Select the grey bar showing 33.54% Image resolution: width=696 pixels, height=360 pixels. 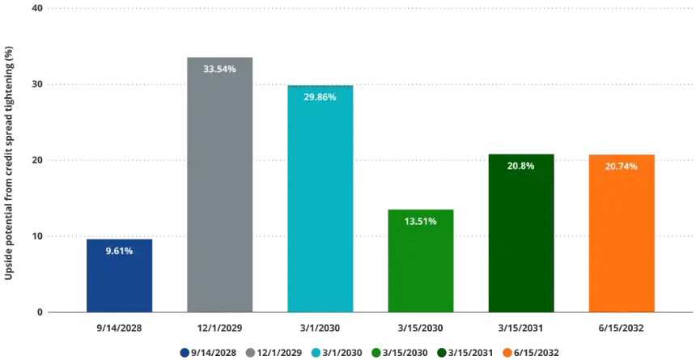coord(219,186)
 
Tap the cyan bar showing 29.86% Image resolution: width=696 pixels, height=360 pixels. coord(320,202)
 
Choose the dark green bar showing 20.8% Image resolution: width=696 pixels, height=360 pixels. coord(520,235)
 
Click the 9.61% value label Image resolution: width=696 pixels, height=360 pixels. coord(119,251)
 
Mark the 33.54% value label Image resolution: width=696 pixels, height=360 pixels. coord(219,70)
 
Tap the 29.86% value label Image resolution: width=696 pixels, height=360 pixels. coord(320,97)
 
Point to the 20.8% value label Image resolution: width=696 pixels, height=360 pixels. coord(520,166)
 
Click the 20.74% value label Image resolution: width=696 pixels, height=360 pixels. coord(621,166)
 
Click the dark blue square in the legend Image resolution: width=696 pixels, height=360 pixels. coord(185,352)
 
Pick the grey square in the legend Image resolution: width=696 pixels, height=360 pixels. coord(249,352)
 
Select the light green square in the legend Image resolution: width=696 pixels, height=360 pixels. coord(376,352)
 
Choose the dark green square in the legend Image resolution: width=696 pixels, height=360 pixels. coord(439,352)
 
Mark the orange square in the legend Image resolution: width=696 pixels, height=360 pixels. coord(506,352)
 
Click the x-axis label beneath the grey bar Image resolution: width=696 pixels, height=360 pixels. coord(219,329)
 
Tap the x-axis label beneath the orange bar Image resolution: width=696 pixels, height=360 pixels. coord(621,329)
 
